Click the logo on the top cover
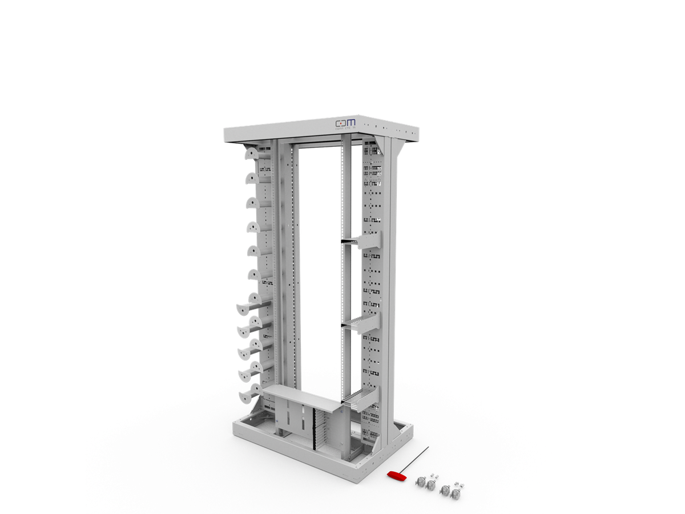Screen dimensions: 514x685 click(x=345, y=123)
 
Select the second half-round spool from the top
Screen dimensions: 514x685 click(x=252, y=178)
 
